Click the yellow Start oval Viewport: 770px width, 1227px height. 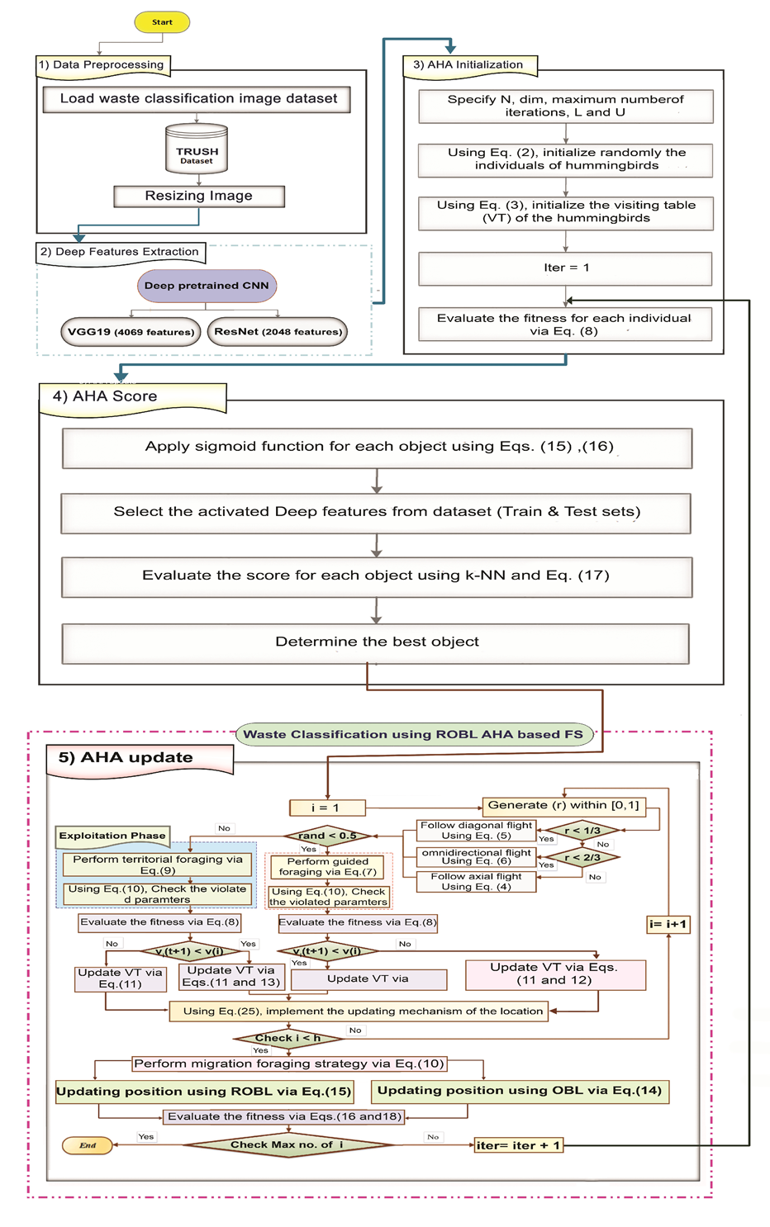tap(162, 22)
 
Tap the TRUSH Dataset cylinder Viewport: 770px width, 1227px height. tap(197, 149)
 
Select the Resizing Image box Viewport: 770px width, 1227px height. tap(199, 196)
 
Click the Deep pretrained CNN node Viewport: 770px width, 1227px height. tap(207, 286)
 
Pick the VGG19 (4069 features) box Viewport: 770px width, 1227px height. tap(131, 332)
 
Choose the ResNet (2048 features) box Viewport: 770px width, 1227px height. tap(278, 332)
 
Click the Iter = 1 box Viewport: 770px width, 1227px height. tap(566, 268)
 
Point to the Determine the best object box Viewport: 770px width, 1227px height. tap(377, 642)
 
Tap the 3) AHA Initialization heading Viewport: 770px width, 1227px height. tap(468, 65)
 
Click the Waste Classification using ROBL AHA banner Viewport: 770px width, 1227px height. tap(414, 734)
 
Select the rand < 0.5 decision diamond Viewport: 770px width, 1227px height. tap(328, 836)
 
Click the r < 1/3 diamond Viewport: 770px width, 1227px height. tap(582, 831)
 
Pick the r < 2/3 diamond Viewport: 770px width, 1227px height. tap(582, 858)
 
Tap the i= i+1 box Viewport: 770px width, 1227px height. tap(668, 924)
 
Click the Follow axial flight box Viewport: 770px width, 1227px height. tap(476, 882)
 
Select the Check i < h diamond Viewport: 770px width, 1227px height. tap(288, 1038)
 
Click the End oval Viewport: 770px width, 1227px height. tap(88, 1145)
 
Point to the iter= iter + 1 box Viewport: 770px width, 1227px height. tap(519, 1145)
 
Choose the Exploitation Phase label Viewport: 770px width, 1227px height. tap(112, 836)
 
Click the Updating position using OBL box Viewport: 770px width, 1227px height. tap(520, 1091)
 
